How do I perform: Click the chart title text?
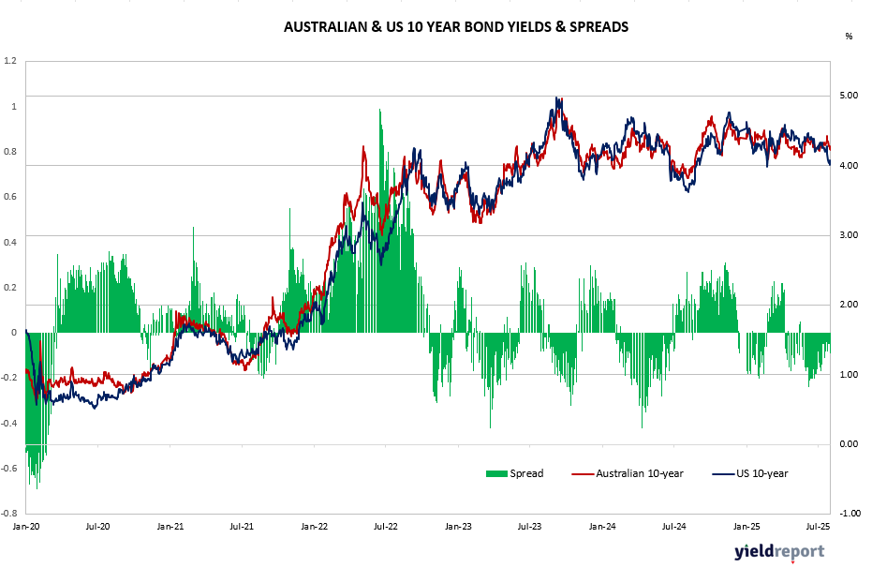[455, 27]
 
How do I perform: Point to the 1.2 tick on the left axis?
[11, 61]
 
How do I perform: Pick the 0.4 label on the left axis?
[11, 242]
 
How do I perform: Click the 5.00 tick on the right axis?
[848, 96]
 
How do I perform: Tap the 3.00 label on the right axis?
[848, 235]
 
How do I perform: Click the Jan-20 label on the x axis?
[25, 527]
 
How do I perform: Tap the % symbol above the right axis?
[849, 37]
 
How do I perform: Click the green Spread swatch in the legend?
[495, 473]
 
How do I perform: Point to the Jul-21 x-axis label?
[242, 527]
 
